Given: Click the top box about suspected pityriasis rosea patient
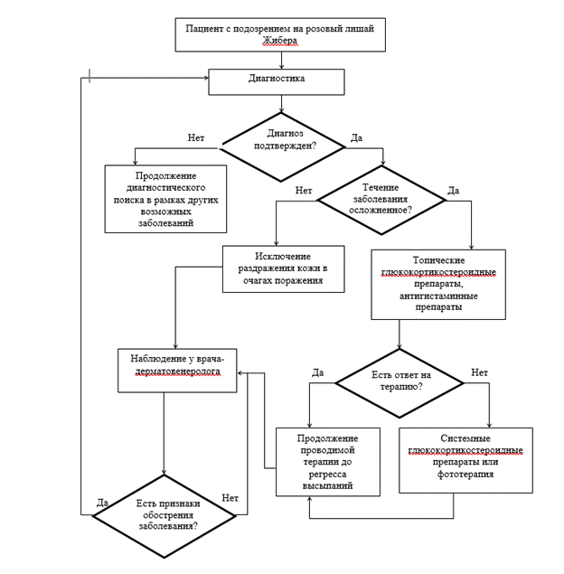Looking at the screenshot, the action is (280, 34).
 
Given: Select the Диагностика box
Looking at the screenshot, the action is (277, 82).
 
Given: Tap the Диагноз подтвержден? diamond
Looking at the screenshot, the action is (281, 146).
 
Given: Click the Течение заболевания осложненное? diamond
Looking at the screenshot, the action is (381, 200).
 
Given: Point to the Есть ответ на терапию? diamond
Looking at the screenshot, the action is (399, 383).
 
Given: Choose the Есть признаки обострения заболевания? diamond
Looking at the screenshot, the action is (164, 516).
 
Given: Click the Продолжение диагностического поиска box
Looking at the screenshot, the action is (165, 199).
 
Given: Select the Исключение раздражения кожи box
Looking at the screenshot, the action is (283, 269).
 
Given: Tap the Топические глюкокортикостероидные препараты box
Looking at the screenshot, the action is (438, 285).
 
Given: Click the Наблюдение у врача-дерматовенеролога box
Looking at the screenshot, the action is (177, 371).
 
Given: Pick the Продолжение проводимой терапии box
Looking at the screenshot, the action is (328, 462).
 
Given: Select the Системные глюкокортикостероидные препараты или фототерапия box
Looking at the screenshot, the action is (465, 460).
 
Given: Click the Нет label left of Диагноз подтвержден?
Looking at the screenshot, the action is (196, 137).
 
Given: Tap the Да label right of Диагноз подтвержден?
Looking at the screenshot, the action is (356, 137).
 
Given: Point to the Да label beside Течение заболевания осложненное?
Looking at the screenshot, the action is (453, 191).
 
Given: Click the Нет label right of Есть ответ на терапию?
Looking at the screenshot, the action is (479, 372).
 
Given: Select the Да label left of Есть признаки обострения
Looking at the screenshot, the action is (102, 503).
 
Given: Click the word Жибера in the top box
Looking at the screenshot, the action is (280, 41).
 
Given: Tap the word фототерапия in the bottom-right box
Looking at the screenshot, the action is (465, 474).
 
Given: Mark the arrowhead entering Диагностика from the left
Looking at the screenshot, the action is (206, 78).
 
